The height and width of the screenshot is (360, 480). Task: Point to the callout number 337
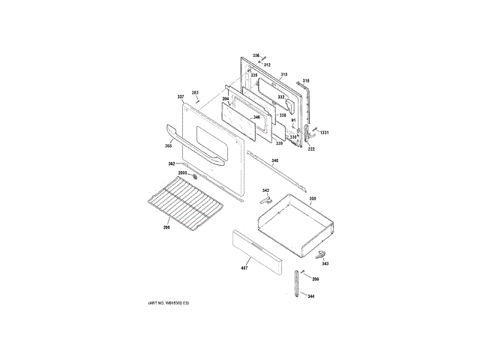pyautogui.click(x=181, y=97)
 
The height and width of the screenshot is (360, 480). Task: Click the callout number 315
pyautogui.click(x=284, y=74)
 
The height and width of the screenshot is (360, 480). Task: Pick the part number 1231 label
pyautogui.click(x=325, y=133)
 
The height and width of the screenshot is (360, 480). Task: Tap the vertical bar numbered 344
pyautogui.click(x=299, y=283)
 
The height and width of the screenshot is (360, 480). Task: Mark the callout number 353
pyautogui.click(x=195, y=92)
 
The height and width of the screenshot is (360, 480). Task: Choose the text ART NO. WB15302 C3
pyautogui.click(x=169, y=302)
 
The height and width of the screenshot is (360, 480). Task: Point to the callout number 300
pyautogui.click(x=313, y=198)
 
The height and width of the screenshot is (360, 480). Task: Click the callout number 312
pyautogui.click(x=266, y=64)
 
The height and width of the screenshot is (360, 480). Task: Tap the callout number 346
pyautogui.click(x=256, y=117)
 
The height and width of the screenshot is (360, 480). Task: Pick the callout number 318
pyautogui.click(x=306, y=80)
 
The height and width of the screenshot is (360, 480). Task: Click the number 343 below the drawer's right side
pyautogui.click(x=325, y=263)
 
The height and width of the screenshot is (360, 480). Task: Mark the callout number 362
pyautogui.click(x=171, y=163)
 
